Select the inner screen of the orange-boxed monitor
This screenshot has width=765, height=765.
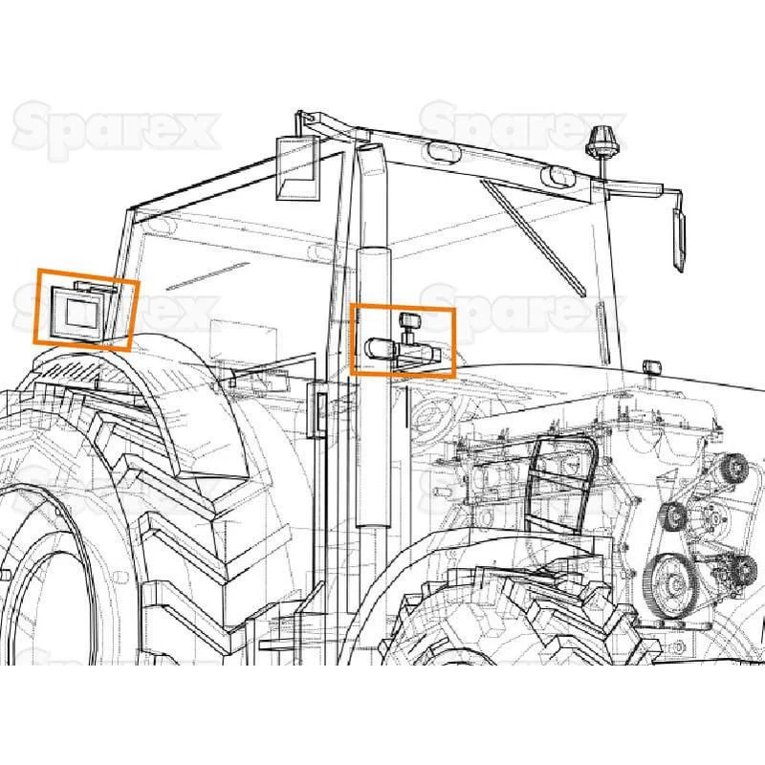(x=82, y=314)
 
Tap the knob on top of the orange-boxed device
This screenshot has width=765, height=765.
(x=410, y=320)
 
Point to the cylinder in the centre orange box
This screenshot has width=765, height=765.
(x=381, y=348)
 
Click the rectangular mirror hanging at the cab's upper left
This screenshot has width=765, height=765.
(x=298, y=168)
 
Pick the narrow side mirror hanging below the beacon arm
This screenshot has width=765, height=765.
(x=679, y=239)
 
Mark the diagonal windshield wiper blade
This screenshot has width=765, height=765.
(x=533, y=237)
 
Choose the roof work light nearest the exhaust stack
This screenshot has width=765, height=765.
(x=443, y=152)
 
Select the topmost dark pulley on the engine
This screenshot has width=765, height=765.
(x=733, y=467)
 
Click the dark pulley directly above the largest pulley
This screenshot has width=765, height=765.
(x=674, y=515)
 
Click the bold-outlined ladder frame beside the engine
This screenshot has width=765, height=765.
(x=561, y=484)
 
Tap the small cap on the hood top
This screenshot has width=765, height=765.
(x=651, y=367)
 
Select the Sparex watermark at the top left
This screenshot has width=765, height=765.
(x=116, y=129)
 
